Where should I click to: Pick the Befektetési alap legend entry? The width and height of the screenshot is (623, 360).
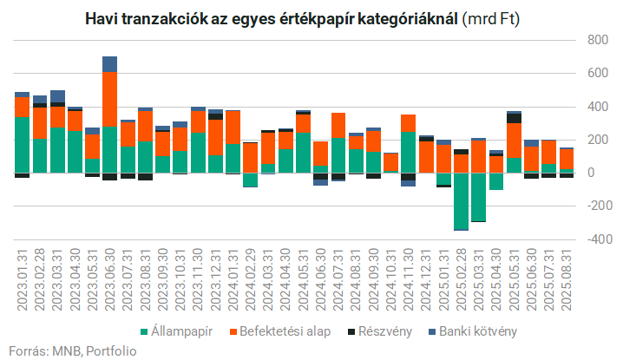tap(278, 331)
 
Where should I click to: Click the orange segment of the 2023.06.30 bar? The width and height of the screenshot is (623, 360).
tap(110, 99)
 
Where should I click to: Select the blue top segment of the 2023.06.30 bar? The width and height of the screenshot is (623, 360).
tap(110, 64)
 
